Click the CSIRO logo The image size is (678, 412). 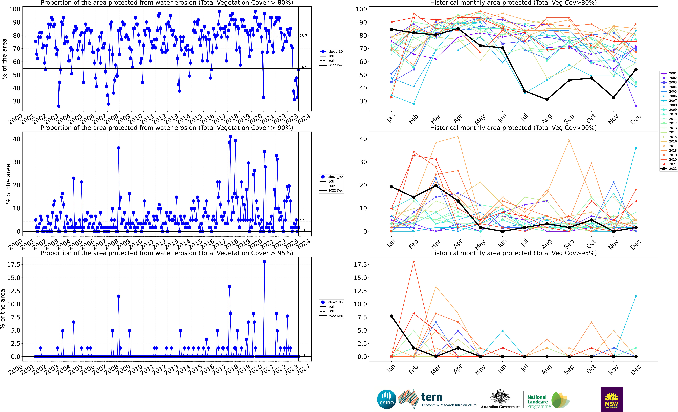387,399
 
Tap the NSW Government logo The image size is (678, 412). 611,399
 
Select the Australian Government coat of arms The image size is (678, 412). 500,397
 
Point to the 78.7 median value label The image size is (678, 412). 303,36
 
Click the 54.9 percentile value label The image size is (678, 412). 303,67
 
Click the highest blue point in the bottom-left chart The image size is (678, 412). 264,262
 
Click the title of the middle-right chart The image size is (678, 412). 513,128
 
